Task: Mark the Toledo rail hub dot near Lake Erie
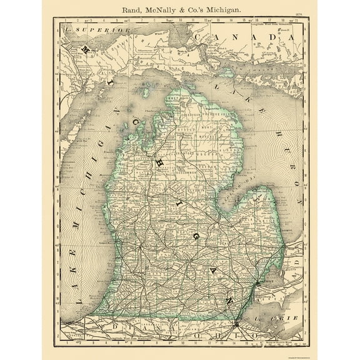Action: [236, 324]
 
